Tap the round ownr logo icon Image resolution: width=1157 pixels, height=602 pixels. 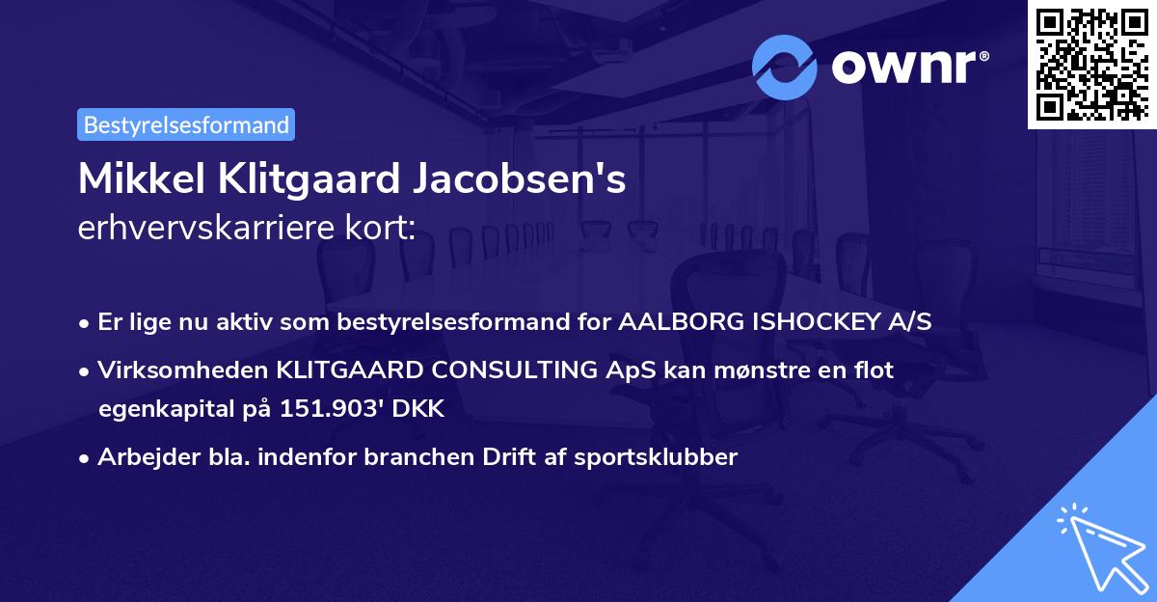[786, 66]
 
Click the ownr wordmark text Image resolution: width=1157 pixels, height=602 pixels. [907, 66]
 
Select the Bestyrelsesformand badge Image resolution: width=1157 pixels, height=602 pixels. [186, 124]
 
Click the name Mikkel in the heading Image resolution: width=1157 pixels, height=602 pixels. [132, 179]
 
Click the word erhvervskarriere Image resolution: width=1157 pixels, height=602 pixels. [212, 228]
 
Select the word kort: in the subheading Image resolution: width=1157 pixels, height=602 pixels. [384, 228]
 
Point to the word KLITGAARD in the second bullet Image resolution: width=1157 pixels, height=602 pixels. [343, 369]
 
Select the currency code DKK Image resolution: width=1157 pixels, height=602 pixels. [419, 409]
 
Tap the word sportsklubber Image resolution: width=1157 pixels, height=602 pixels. [660, 457]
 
